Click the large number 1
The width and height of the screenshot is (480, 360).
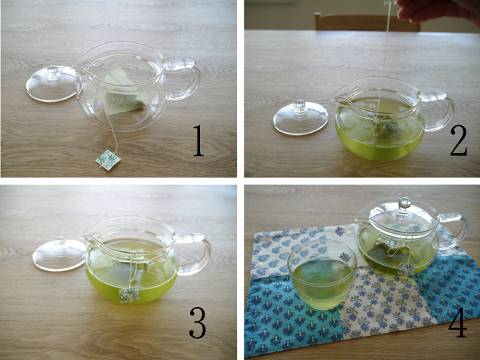point(198,140)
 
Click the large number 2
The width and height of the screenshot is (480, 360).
point(458,140)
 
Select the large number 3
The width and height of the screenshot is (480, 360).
point(198,322)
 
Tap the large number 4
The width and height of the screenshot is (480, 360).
point(457,322)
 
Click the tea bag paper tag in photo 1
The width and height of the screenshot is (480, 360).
point(108,159)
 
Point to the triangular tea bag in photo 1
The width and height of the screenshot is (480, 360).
point(123,90)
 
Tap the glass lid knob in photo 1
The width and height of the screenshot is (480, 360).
point(54,72)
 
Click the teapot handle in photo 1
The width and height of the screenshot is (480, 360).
point(184,78)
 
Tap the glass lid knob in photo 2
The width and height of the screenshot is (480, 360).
point(300,107)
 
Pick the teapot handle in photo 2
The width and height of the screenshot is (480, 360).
point(438,111)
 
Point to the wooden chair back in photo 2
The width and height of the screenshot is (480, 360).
point(367,22)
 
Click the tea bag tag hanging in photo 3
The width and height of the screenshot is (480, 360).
point(129,295)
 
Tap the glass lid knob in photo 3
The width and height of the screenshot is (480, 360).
point(60,244)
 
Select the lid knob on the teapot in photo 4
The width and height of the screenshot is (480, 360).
point(405,203)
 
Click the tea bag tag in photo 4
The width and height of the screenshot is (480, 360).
point(407,269)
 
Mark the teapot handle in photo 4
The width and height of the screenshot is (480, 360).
point(454,230)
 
